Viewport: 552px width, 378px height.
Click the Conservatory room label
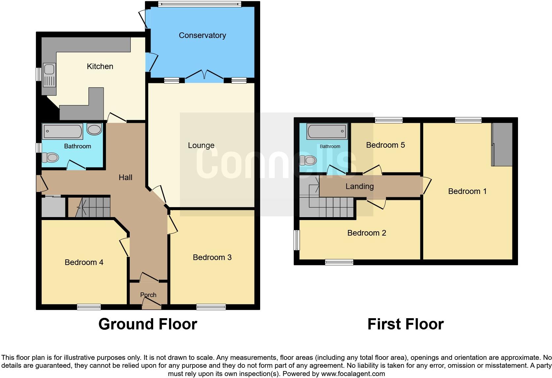point(202,35)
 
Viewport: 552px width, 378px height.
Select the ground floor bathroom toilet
point(51,157)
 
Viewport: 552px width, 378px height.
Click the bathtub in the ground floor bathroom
point(62,131)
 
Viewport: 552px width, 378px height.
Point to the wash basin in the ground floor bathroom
point(94,130)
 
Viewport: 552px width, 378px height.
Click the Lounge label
point(201,145)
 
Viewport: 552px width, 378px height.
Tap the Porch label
point(148,295)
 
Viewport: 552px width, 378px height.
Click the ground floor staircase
point(92,207)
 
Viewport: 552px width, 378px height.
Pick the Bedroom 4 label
point(84,262)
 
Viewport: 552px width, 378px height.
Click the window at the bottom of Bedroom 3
point(211,307)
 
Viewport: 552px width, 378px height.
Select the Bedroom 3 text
point(212,257)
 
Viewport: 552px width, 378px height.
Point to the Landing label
point(360,186)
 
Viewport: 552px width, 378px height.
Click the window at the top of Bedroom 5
point(389,120)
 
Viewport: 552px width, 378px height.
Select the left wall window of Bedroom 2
point(297,240)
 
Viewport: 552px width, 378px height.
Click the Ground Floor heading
point(148,324)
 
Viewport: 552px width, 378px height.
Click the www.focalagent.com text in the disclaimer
point(353,374)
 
